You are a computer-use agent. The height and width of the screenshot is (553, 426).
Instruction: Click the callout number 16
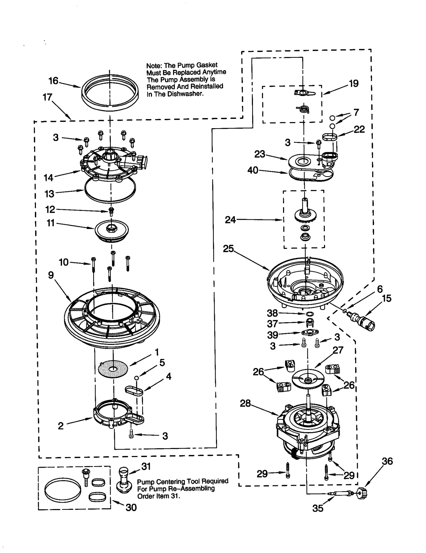click(53, 81)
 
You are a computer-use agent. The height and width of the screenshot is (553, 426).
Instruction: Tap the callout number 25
click(228, 249)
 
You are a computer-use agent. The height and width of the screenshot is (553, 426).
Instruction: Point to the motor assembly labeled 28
click(308, 429)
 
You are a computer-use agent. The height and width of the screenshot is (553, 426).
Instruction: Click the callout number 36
click(387, 461)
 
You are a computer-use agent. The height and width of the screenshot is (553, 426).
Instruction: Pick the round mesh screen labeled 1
click(113, 369)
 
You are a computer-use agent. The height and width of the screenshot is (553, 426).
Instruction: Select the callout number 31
click(146, 466)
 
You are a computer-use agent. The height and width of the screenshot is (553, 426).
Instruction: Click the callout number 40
click(253, 170)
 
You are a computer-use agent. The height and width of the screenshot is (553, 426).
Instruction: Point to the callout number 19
click(354, 83)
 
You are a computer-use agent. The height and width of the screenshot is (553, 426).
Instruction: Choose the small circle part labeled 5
click(136, 378)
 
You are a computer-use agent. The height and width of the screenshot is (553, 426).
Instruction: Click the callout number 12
click(50, 209)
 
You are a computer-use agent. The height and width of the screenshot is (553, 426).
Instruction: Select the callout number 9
click(51, 275)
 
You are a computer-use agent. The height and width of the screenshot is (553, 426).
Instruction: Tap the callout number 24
click(230, 220)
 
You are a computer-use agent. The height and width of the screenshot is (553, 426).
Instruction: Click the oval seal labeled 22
click(330, 137)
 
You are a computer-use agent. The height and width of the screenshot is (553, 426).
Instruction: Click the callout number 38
click(272, 313)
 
